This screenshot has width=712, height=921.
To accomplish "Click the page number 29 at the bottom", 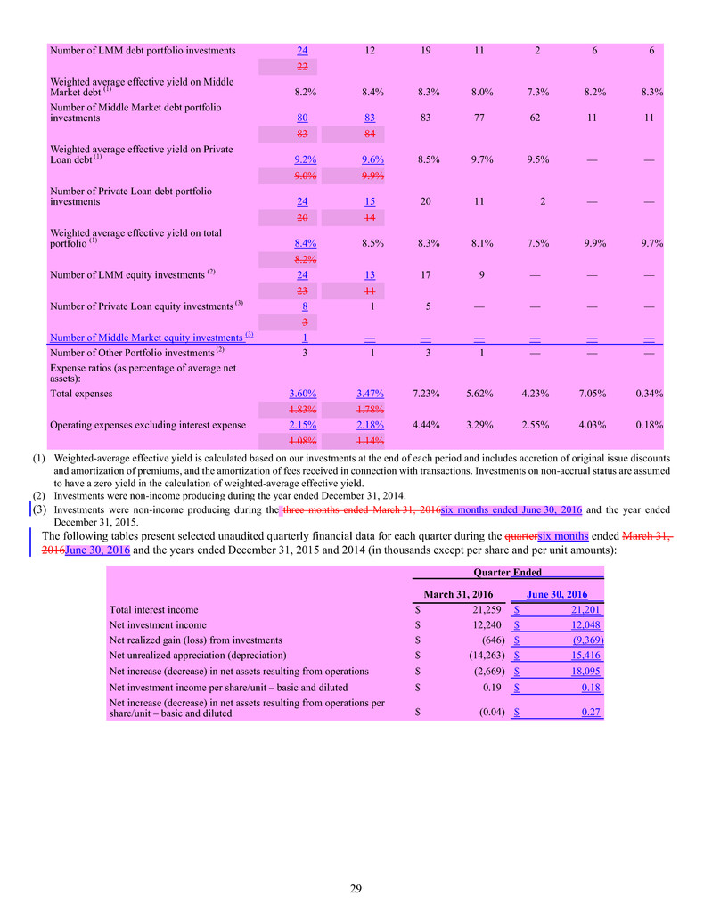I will tap(356, 887).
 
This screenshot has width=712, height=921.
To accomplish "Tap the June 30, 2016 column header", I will tap(557, 594).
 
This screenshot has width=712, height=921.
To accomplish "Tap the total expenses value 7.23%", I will tap(426, 393).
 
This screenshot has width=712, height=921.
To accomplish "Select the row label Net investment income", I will tap(153, 624).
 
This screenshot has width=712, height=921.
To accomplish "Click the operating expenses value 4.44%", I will tap(426, 425).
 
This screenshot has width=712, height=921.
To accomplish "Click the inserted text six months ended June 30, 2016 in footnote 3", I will tap(511, 509).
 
